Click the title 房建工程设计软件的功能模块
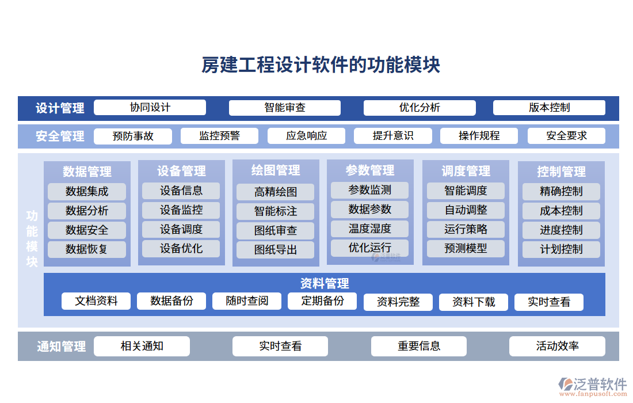tap(321, 65)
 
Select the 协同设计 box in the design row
tap(150, 108)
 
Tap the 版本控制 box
tap(549, 108)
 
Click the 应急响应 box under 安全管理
tap(306, 136)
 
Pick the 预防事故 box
tap(133, 136)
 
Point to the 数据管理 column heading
tap(87, 172)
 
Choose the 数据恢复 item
tap(87, 249)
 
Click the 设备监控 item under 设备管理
tap(181, 210)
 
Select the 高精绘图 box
tap(276, 192)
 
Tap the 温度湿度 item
tap(369, 229)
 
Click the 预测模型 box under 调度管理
tap(466, 248)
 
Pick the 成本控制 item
tap(561, 211)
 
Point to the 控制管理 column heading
tap(561, 172)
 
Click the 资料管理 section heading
tap(324, 283)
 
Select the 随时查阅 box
tap(247, 301)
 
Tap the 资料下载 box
tap(474, 302)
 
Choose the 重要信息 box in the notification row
tap(419, 346)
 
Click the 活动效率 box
tap(557, 346)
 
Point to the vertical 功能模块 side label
tap(32, 239)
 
